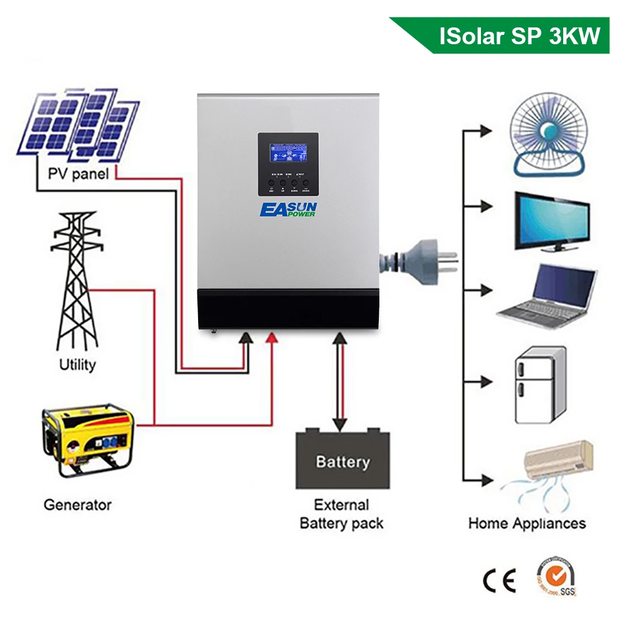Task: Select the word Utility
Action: coord(77,364)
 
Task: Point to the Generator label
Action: coord(77,504)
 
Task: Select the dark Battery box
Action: coord(342,460)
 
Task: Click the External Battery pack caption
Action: coord(341,513)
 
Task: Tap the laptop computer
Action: coord(548,293)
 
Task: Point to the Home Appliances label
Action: coord(527,523)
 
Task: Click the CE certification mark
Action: coord(500,581)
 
